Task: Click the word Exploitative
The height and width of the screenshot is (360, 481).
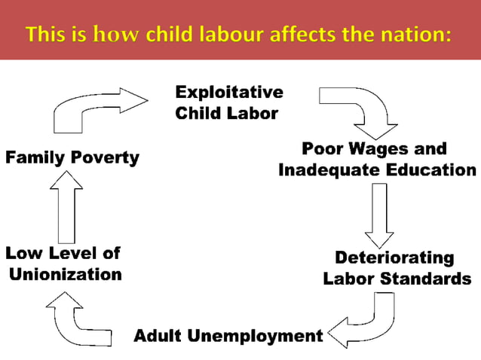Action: (229, 93)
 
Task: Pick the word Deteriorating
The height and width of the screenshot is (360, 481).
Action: (394, 258)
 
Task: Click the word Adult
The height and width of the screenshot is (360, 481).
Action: (158, 336)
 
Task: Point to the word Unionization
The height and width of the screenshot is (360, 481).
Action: (66, 274)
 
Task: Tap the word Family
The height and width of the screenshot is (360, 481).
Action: (36, 158)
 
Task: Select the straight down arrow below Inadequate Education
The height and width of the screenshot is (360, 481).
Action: (378, 215)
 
